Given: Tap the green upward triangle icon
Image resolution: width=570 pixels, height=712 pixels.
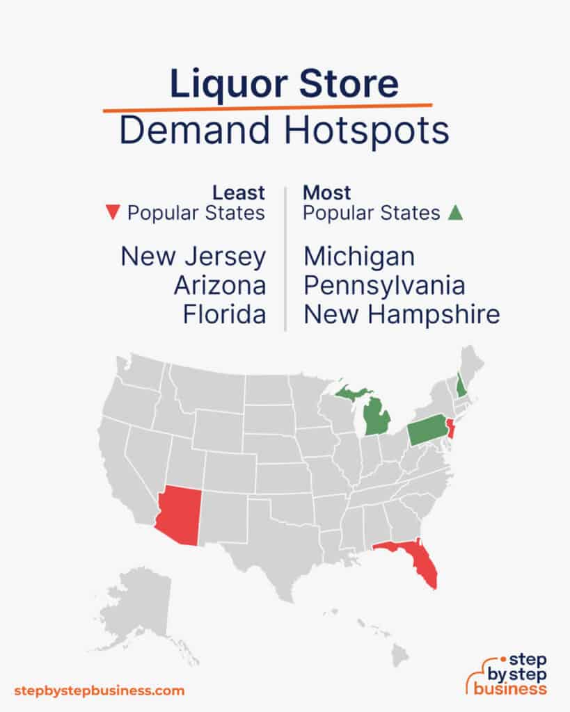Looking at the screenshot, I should point(455,213).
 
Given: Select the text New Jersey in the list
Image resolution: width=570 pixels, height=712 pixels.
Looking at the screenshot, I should point(193,257).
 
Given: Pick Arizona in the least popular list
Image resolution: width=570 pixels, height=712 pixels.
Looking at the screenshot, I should point(219,286).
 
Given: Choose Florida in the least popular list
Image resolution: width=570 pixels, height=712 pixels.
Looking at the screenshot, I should point(224,315).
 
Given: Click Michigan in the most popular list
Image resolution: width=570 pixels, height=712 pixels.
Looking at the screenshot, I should point(359,257).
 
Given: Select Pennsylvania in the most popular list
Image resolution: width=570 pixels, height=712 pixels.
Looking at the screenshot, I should point(384,286).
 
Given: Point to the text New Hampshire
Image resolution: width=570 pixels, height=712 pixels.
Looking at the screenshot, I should point(402,315).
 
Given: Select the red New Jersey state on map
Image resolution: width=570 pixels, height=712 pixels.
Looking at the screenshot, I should point(450,429).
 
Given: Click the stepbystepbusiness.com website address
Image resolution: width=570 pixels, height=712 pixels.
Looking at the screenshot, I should point(100,690).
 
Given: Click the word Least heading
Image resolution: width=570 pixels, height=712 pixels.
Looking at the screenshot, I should point(239,192).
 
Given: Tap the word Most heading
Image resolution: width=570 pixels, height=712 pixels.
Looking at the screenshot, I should point(327,192).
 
